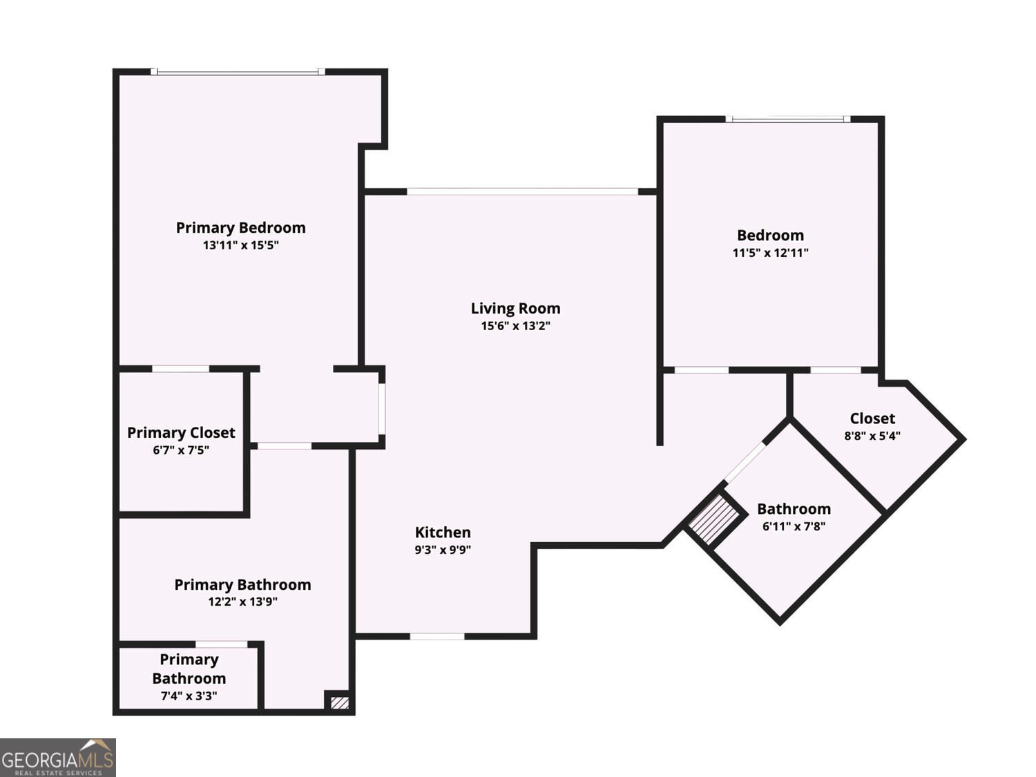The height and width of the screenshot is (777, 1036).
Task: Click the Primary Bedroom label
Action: coord(241,229)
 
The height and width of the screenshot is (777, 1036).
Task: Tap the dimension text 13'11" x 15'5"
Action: coord(241,245)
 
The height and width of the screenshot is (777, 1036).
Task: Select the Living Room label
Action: coord(515,309)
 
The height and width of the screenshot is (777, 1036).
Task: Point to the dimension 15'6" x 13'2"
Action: coord(515,326)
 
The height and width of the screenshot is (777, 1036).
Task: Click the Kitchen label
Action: coord(443,532)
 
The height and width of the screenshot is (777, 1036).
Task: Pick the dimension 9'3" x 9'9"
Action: coord(443,550)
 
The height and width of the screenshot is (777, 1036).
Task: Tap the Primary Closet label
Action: coord(181,432)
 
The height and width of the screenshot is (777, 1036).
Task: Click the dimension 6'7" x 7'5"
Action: coord(181,450)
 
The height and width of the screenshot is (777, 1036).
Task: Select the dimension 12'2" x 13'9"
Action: coord(242,602)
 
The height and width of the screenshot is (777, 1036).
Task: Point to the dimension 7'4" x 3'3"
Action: coord(189,696)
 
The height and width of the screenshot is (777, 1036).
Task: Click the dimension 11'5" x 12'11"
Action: coord(770,253)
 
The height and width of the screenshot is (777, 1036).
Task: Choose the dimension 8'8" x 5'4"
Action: coord(872,436)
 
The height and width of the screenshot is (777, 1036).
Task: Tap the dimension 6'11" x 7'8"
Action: coord(794,526)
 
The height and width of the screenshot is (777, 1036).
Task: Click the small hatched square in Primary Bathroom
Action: coord(340,703)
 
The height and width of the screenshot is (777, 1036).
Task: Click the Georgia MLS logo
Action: coord(57,757)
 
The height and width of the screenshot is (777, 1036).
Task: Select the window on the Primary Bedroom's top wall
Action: coord(238,72)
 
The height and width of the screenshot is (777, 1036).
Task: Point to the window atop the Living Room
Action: coord(522,191)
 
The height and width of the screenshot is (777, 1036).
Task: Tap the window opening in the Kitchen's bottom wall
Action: coord(437,636)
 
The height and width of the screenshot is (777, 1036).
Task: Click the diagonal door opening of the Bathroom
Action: coord(745,462)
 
